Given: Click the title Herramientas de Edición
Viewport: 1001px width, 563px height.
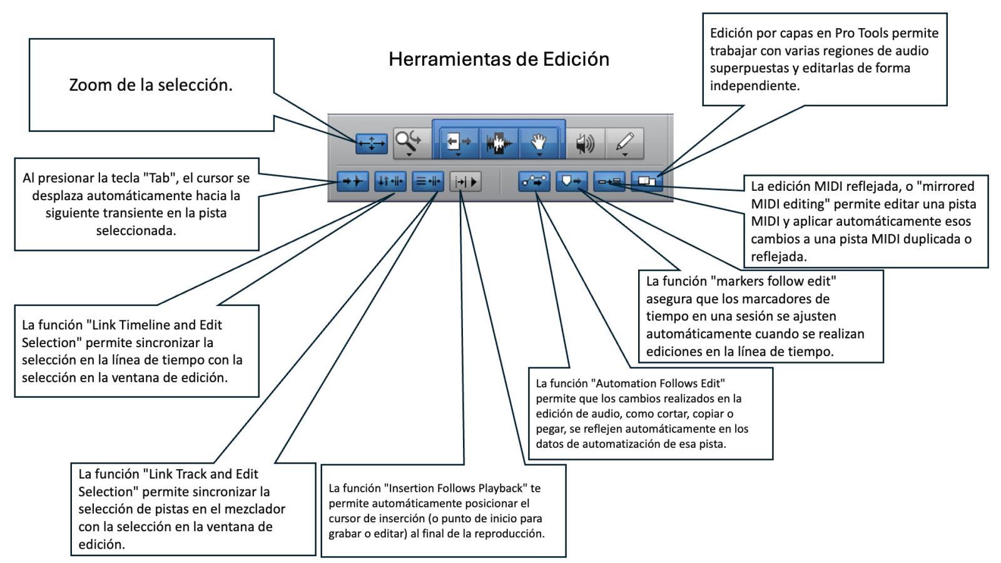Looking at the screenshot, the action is [x=499, y=59].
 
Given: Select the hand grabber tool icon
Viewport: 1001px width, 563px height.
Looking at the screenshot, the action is [x=539, y=143].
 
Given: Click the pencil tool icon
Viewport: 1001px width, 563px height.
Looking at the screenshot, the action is [x=625, y=143].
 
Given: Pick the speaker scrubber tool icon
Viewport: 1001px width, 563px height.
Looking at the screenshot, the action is [x=585, y=144].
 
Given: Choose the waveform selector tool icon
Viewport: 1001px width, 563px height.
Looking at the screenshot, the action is [x=499, y=143].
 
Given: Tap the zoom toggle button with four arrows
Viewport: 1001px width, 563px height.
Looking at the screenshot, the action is [x=372, y=143].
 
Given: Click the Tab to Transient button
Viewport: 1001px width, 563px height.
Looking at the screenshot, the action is [x=353, y=181].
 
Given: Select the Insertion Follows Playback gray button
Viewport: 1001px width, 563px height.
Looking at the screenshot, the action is [x=465, y=181].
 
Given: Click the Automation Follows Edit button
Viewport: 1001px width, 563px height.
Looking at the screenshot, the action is [x=534, y=181].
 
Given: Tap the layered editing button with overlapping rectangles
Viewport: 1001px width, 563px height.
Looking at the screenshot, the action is [x=647, y=181].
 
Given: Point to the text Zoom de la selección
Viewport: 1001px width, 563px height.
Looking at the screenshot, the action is [x=151, y=85].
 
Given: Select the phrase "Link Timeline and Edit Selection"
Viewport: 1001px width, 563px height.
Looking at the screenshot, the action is [x=122, y=334].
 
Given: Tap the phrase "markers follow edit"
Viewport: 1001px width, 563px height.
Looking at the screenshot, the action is [x=773, y=281].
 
